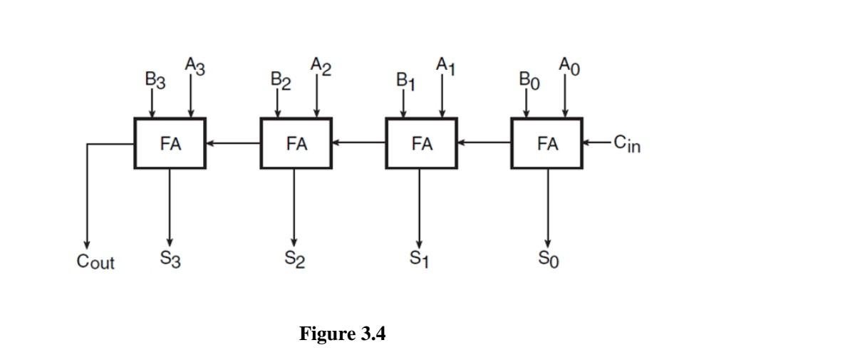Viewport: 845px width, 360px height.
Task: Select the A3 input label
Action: pyautogui.click(x=195, y=67)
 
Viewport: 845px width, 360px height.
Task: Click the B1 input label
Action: pyautogui.click(x=405, y=80)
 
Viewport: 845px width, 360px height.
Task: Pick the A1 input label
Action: pyautogui.click(x=446, y=67)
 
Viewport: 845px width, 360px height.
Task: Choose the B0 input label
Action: pyautogui.click(x=531, y=80)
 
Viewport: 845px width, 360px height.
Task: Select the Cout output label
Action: pyautogui.click(x=95, y=262)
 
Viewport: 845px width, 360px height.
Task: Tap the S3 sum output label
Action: pyautogui.click(x=170, y=260)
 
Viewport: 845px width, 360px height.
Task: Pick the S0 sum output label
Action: pyautogui.click(x=548, y=260)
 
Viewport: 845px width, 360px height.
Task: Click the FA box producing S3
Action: pyautogui.click(x=170, y=143)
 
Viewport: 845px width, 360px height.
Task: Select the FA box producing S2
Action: pyautogui.click(x=296, y=143)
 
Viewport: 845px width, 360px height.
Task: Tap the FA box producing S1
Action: pyautogui.click(x=422, y=143)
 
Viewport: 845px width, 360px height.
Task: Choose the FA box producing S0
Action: pyautogui.click(x=547, y=143)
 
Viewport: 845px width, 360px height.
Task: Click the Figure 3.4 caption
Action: pyautogui.click(x=342, y=334)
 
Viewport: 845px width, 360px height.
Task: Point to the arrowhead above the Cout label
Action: pyautogui.click(x=87, y=242)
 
